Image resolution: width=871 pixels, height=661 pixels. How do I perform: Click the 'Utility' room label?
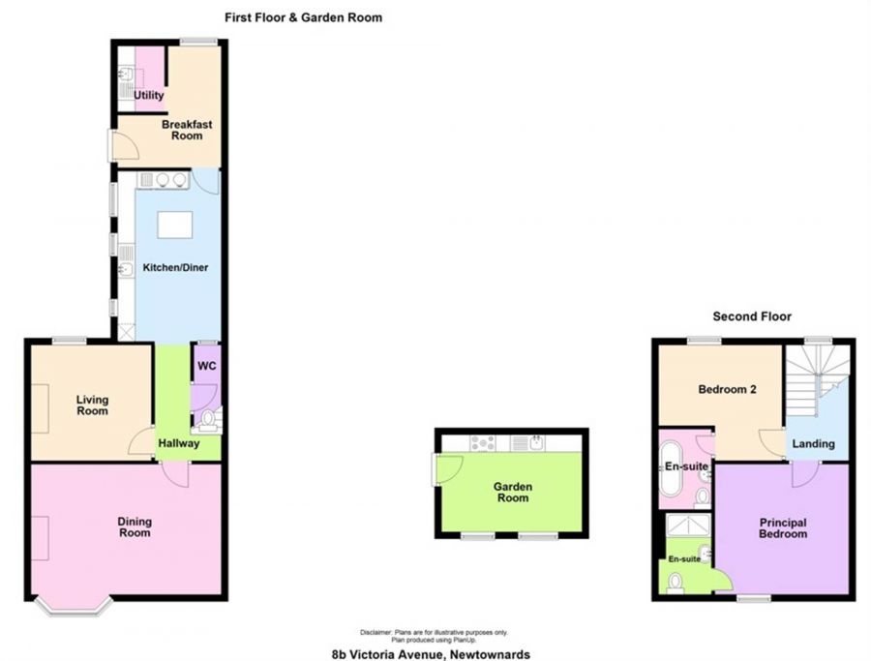point(149,96)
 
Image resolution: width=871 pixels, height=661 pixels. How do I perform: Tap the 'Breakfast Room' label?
point(187,130)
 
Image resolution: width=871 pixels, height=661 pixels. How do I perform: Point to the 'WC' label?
point(207,367)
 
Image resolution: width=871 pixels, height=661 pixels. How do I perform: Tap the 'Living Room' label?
point(93,405)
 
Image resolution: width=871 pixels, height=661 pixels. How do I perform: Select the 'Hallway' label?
point(179,443)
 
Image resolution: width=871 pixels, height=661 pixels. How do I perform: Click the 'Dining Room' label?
point(135,527)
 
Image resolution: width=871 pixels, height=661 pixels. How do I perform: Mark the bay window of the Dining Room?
point(75,605)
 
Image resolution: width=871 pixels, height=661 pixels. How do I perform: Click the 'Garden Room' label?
point(513,492)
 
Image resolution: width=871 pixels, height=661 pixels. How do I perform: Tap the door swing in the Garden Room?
point(449,469)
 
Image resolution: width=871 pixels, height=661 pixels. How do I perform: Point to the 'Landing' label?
point(814,443)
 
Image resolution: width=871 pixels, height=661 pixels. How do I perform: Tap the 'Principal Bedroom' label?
point(782,528)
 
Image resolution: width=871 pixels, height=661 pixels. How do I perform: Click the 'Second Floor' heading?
point(752,316)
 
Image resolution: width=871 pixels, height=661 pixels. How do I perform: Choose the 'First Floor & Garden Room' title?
point(303,16)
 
